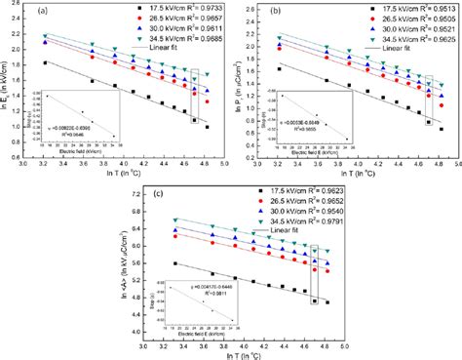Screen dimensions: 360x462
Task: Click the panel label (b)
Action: [x=280, y=12]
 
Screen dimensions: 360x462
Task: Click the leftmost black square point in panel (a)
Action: [x=47, y=62]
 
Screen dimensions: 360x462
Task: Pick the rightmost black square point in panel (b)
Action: [x=441, y=129]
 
